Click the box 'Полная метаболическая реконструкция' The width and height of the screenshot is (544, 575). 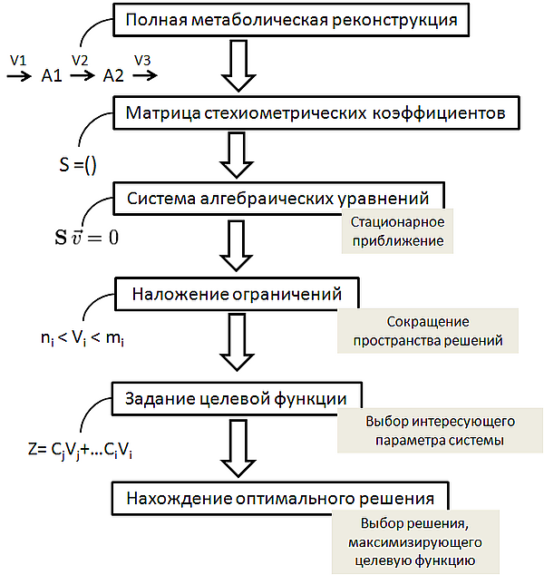pos(291,20)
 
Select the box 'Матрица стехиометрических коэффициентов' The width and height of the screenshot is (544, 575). pos(316,113)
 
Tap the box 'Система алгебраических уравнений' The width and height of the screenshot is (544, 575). pos(278,199)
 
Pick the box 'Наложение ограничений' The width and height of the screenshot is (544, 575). pos(237,294)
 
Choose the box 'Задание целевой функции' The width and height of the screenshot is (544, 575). pos(237,399)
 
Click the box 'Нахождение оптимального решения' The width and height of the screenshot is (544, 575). pos(280,499)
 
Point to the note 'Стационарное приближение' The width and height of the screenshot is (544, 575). pos(397,231)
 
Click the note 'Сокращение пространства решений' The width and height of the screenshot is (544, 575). pos(428,331)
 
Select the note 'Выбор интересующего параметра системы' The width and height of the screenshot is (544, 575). pos(440,431)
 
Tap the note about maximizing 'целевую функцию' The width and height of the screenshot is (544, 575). pos(415,541)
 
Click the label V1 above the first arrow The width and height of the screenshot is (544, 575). pos(18,60)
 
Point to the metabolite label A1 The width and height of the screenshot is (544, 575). pos(52,76)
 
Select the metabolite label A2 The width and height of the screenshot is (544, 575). pos(113,76)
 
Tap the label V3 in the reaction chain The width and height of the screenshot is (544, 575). pos(142,60)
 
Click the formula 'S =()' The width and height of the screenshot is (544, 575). pos(78,165)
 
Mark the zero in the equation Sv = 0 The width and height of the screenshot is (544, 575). pos(113,238)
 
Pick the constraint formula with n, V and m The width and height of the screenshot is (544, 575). pos(83,338)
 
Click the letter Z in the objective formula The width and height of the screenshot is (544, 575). pos(33,449)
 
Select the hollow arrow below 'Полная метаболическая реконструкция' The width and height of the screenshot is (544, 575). pos(238,65)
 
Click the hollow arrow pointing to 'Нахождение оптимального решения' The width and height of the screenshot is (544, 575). pos(238,448)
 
